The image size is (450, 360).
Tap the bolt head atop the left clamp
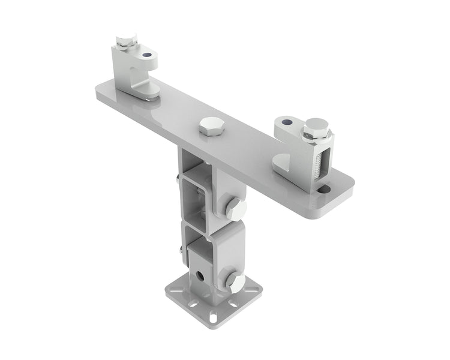click(x=127, y=41)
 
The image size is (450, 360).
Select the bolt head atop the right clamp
click(x=316, y=127)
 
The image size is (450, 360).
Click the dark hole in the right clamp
click(x=287, y=122)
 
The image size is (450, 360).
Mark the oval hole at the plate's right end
click(x=324, y=190)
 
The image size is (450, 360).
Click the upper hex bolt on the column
click(x=235, y=208)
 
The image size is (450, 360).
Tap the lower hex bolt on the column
click(x=235, y=281)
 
